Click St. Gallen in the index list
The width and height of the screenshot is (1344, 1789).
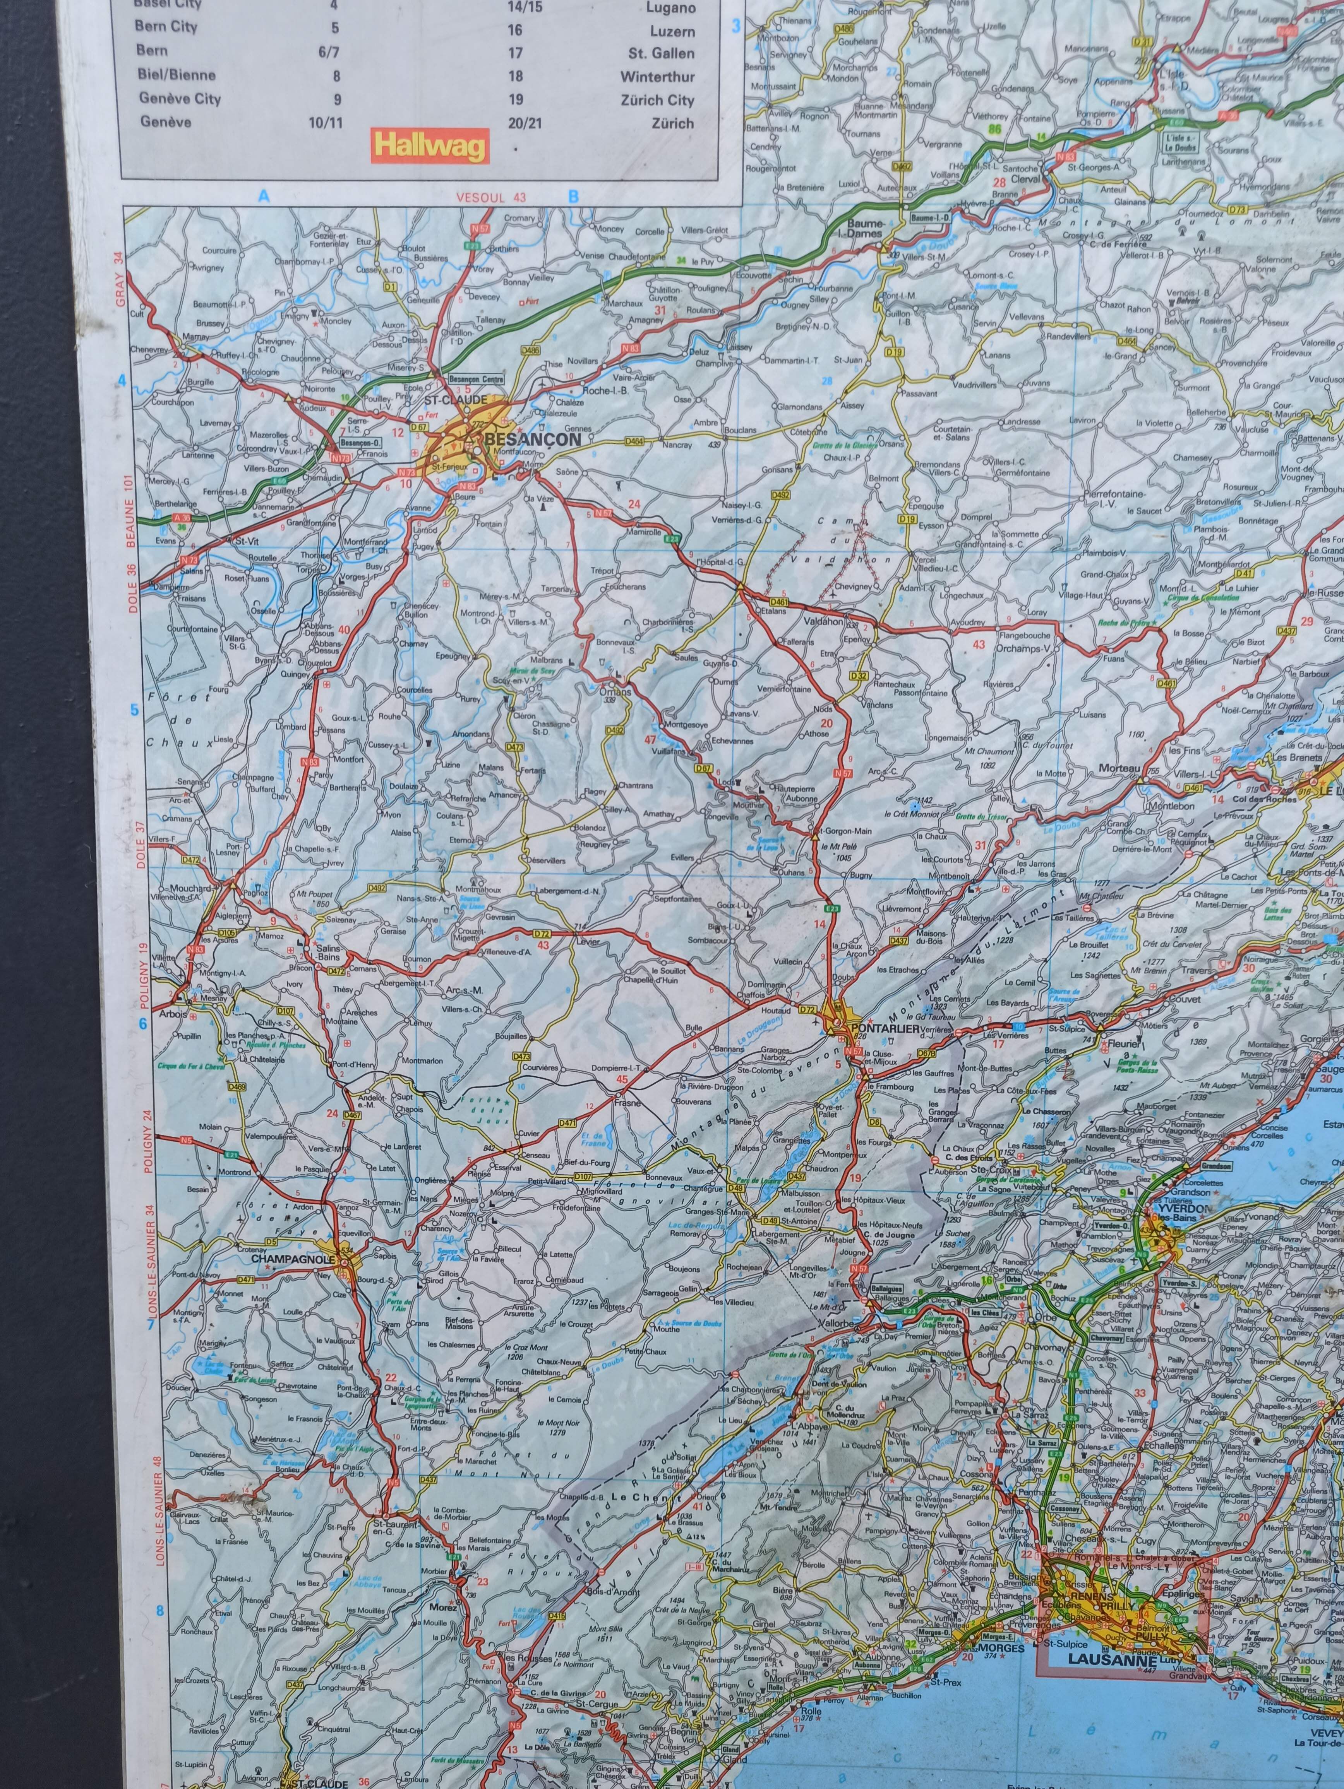click(x=661, y=53)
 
